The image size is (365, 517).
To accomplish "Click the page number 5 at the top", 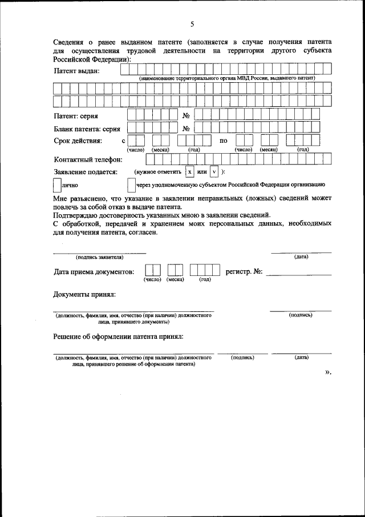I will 192,23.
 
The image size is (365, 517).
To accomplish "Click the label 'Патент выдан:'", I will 76,71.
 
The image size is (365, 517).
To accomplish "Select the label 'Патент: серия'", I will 79,116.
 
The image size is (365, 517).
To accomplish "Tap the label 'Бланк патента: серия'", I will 87,129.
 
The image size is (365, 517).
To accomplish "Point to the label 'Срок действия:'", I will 78,141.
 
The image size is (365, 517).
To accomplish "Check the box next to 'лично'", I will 56,185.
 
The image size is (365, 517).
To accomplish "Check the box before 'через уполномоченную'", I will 132,185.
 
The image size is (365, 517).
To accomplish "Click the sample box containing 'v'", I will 214,171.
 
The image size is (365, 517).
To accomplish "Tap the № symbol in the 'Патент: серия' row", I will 186,116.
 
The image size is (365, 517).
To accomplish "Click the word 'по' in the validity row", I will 224,141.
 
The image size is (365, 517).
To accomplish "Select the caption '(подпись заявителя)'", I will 99,257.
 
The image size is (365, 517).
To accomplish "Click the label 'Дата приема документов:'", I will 94,272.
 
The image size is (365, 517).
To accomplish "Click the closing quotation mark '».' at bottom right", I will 327,372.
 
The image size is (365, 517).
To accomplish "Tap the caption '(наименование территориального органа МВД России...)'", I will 226,78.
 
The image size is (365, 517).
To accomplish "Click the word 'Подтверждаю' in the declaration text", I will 76,215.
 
